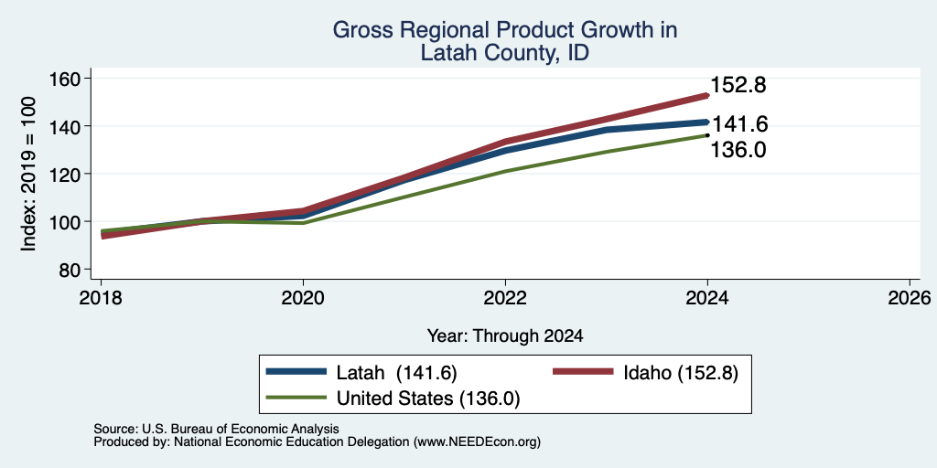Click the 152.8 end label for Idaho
point(738,85)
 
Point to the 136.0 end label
point(738,150)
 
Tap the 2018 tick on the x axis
point(101,298)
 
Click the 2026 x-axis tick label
point(910,298)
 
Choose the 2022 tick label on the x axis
point(505,298)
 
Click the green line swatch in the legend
point(296,397)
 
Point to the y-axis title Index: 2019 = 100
point(28,174)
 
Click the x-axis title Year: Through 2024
point(505,336)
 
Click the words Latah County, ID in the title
point(505,53)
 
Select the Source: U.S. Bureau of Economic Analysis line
point(216,429)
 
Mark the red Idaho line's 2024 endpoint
point(707,95)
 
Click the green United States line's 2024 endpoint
point(707,135)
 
